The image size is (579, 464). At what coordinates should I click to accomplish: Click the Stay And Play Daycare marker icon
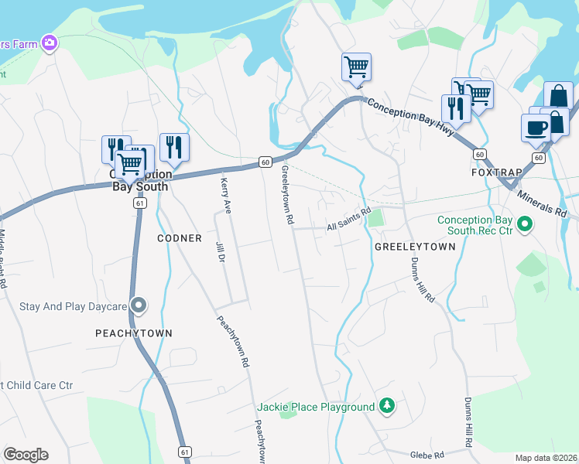click(x=139, y=305)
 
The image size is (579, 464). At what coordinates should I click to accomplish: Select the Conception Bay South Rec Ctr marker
click(x=525, y=225)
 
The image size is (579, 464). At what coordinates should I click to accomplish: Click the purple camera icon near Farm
click(x=50, y=43)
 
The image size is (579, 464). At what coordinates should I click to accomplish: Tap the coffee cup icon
click(x=536, y=127)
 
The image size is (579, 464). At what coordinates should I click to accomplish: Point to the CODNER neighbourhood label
click(x=180, y=238)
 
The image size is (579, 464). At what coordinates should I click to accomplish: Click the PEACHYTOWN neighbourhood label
click(x=133, y=333)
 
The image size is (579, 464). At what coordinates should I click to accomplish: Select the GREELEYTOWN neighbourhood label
click(x=415, y=247)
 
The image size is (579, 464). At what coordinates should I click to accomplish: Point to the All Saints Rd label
click(x=349, y=223)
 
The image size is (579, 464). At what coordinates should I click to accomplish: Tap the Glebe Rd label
click(x=428, y=455)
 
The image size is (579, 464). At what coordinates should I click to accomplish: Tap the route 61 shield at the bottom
click(x=184, y=451)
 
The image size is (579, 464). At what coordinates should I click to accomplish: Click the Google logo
click(x=26, y=455)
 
